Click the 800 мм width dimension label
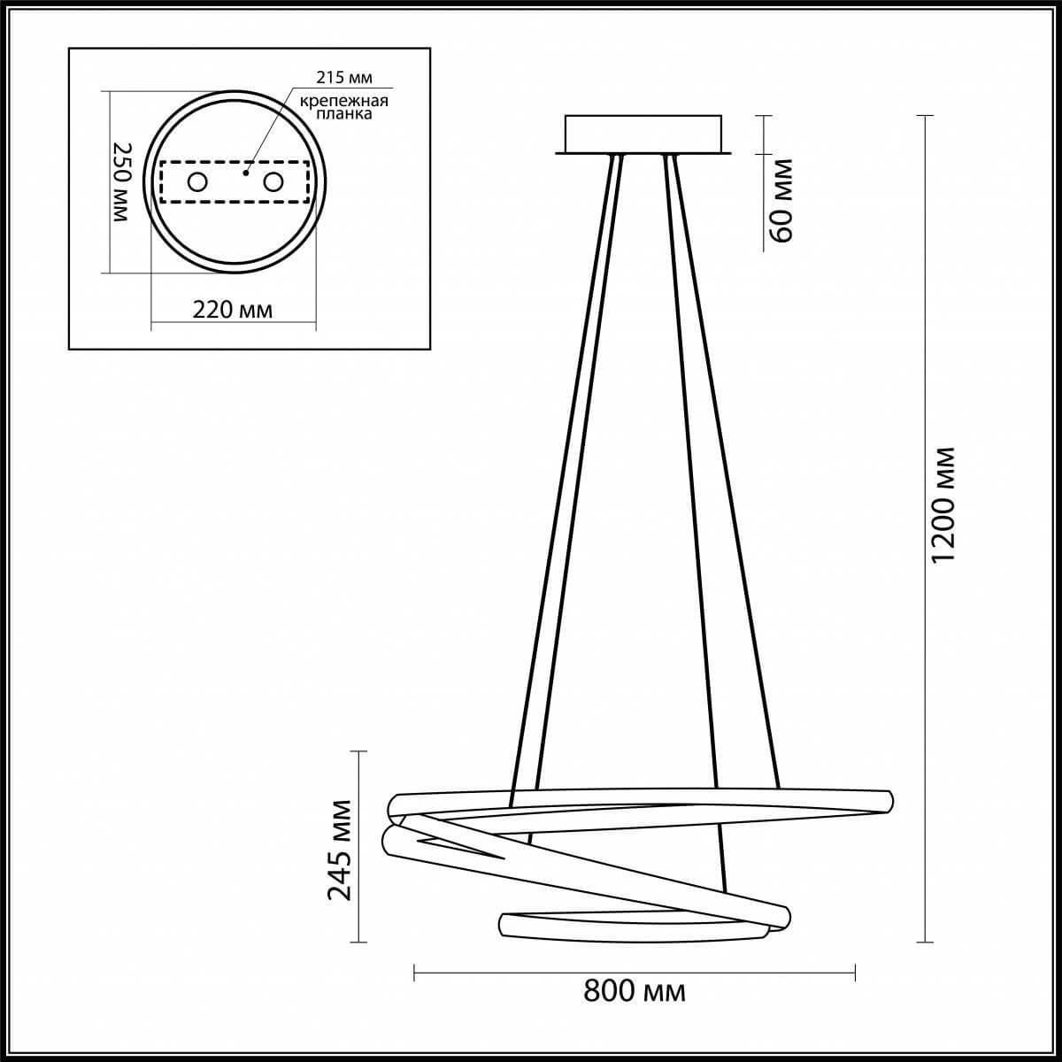click(x=635, y=1006)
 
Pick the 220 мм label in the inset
click(x=233, y=310)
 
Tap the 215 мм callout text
click(x=344, y=78)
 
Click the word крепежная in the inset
click(x=344, y=101)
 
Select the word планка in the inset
click(x=344, y=114)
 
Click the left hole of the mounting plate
click(x=196, y=181)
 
